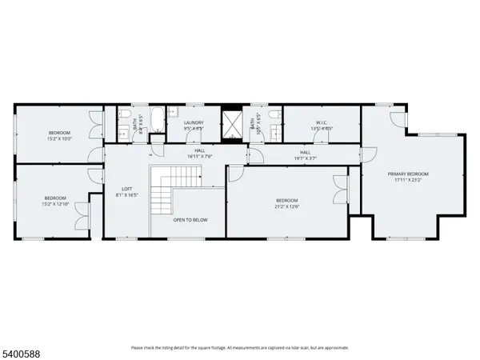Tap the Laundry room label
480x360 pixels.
(194, 122)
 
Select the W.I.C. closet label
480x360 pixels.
(313, 122)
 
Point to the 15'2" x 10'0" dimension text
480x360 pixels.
(59, 138)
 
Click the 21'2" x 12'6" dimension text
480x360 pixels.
(287, 206)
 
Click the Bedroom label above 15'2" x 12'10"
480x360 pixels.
(55, 198)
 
